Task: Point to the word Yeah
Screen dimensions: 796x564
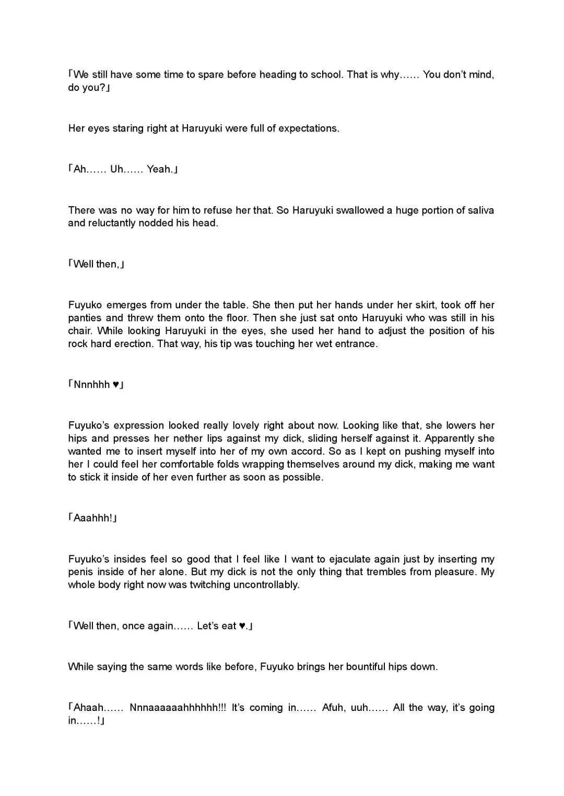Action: click(159, 169)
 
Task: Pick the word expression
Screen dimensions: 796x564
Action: click(138, 425)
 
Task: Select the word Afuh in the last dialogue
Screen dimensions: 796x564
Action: click(333, 708)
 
